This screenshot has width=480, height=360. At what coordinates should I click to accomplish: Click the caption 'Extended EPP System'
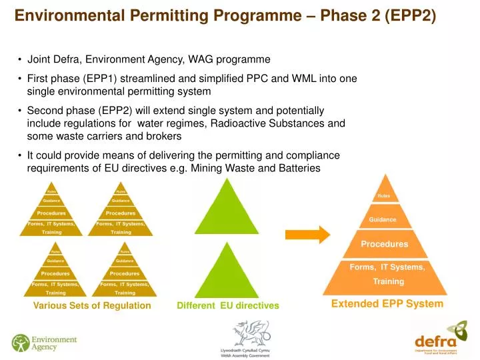pyautogui.click(x=387, y=304)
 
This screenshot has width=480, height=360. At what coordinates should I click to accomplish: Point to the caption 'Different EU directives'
pyautogui.click(x=228, y=306)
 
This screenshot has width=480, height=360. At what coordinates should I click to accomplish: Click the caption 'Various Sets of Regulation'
pyautogui.click(x=92, y=306)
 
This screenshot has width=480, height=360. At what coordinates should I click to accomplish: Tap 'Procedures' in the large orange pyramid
pyautogui.click(x=385, y=244)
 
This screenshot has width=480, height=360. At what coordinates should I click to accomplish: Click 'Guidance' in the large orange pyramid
pyautogui.click(x=383, y=219)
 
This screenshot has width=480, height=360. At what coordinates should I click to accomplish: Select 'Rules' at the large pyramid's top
pyautogui.click(x=384, y=196)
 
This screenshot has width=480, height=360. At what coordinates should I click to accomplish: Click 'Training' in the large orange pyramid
pyautogui.click(x=388, y=281)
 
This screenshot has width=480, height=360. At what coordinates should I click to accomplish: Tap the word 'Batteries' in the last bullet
pyautogui.click(x=297, y=168)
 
